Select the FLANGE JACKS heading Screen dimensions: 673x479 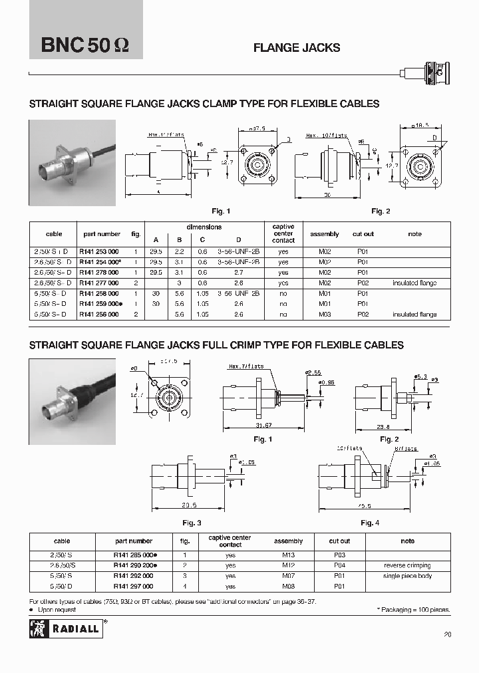(297, 48)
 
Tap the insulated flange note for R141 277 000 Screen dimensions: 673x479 (414, 283)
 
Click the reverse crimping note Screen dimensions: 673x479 (407, 565)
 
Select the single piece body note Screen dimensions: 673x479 (407, 576)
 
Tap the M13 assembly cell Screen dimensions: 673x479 (287, 555)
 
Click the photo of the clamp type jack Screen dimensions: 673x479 (72, 163)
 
